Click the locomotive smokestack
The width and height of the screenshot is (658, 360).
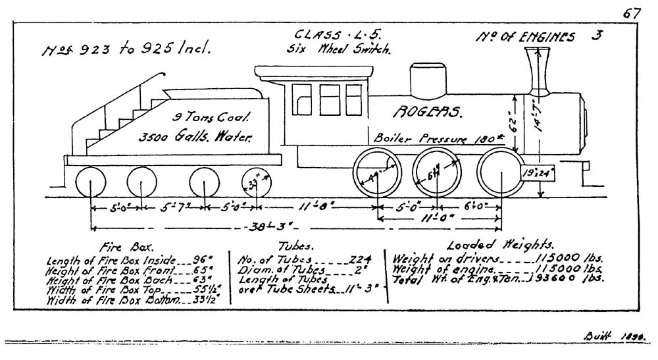(x=538, y=70)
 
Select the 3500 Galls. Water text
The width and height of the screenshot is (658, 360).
(x=195, y=138)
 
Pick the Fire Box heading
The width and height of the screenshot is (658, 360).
(x=116, y=249)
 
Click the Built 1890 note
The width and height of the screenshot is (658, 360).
(x=615, y=336)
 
